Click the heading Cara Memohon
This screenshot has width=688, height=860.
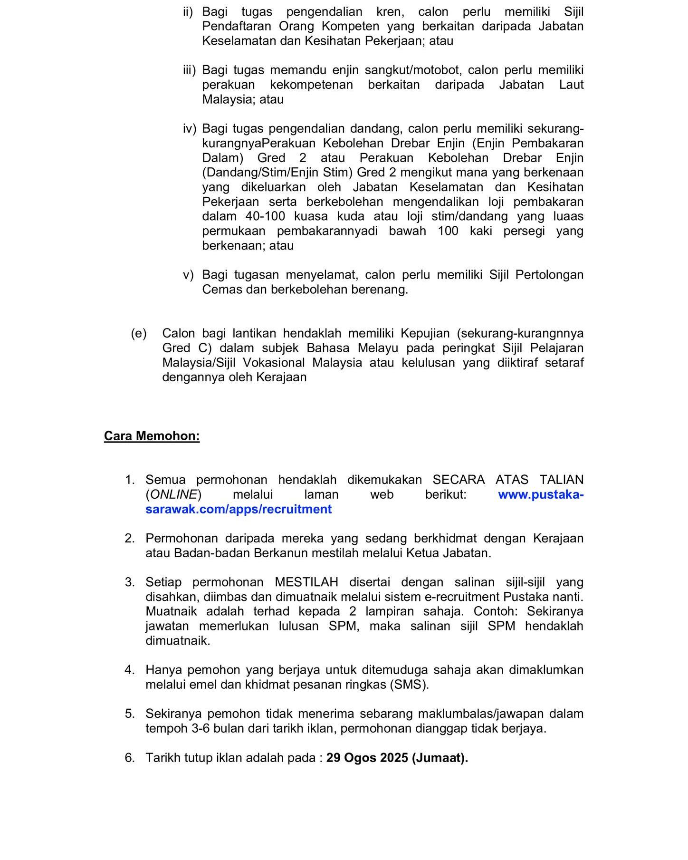click(x=152, y=436)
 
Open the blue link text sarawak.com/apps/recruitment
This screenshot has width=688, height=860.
click(x=239, y=509)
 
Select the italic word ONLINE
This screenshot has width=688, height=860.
click(x=173, y=494)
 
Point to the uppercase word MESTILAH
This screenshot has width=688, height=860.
click(x=306, y=582)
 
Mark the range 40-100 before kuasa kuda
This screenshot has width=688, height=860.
click(x=265, y=216)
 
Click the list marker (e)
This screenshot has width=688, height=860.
click(x=139, y=333)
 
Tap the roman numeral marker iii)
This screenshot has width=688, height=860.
click(x=189, y=70)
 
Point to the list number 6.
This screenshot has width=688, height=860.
click(x=130, y=758)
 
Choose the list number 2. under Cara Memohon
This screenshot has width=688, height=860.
click(x=130, y=539)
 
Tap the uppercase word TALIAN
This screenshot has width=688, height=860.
click(x=561, y=480)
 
